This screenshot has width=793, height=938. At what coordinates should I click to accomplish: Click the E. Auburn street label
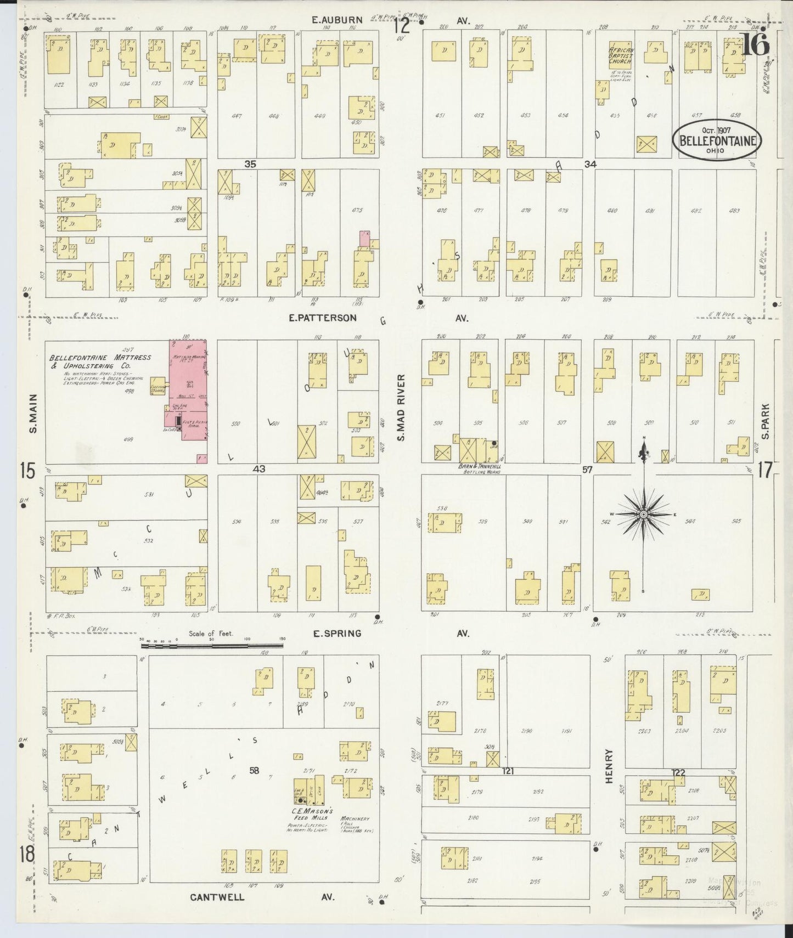(337, 20)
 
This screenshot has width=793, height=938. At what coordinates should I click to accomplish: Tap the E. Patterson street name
(326, 318)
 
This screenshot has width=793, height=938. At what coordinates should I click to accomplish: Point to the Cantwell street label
(217, 897)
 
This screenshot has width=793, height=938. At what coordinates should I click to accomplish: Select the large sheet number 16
(755, 45)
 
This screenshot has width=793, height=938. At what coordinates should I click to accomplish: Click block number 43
(259, 469)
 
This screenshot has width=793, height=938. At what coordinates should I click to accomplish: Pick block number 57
(588, 470)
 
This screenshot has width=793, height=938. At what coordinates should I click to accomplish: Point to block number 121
(508, 771)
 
